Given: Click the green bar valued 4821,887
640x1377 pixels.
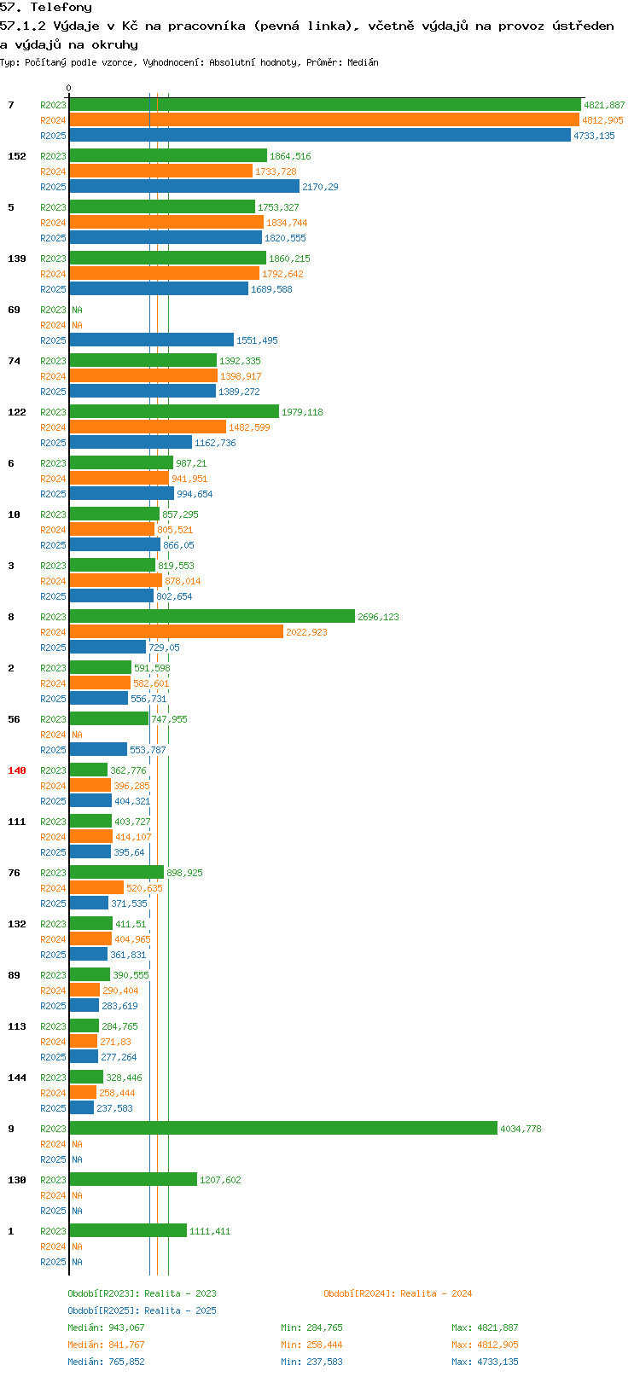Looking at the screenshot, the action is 325,104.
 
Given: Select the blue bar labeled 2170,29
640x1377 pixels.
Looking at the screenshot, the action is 184,186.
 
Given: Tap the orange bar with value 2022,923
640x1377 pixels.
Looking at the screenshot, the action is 177,631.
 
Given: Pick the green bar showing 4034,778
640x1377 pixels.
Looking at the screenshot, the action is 283,1128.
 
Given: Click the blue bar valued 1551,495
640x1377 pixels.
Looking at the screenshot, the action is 152,340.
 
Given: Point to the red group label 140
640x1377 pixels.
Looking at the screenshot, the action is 16,770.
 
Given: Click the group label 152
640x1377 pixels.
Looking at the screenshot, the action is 16,156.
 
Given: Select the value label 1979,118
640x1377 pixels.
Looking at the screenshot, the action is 302,412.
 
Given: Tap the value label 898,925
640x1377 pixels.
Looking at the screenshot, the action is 184,872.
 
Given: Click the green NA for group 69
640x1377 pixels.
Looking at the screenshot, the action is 77,310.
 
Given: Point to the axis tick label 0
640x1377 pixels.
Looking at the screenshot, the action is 68,88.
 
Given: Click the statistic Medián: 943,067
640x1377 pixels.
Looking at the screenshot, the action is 107,1328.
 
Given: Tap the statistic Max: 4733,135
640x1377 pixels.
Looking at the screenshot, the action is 485,1362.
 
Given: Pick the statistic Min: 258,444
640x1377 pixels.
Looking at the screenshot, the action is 311,1345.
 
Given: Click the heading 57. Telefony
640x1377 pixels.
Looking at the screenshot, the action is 46,8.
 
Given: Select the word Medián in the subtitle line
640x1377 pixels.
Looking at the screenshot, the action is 363,62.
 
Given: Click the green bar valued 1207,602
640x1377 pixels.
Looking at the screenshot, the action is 133,1179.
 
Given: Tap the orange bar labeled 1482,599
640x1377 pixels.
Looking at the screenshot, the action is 148,427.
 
